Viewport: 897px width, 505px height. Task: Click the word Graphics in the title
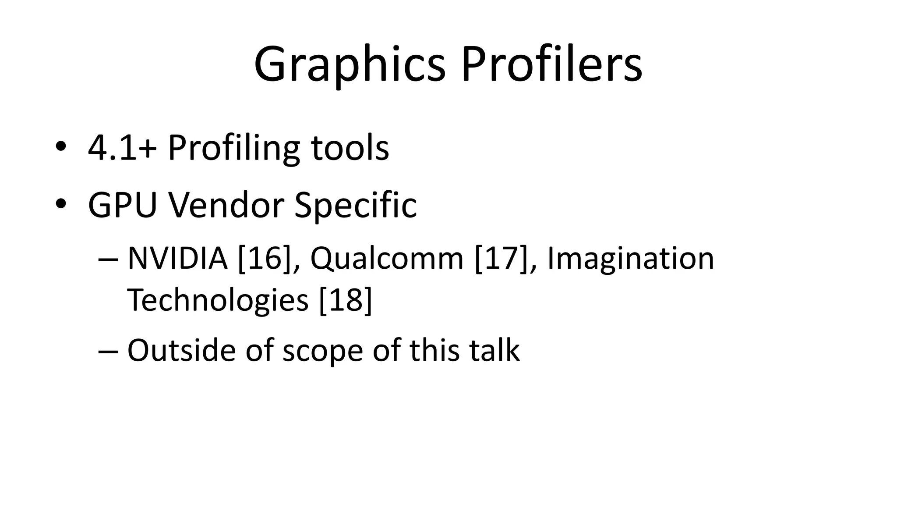[x=350, y=65]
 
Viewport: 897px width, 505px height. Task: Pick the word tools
[x=350, y=148]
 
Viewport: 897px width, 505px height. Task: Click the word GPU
[x=123, y=205]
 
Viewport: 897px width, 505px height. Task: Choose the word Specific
[x=355, y=205]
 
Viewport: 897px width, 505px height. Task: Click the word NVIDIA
[x=177, y=258]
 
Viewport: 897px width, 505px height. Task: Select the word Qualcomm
[x=387, y=259]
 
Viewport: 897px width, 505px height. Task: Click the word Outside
[x=181, y=350]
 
